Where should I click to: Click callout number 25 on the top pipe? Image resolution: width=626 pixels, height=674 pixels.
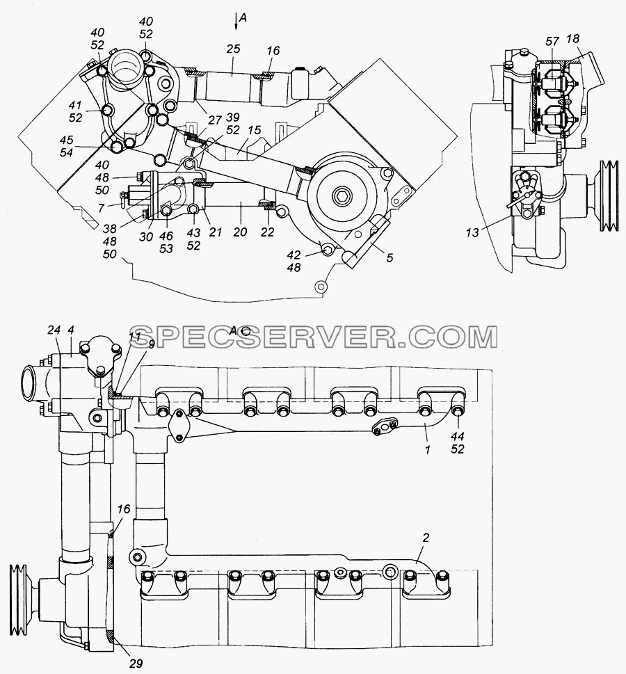[x=233, y=48]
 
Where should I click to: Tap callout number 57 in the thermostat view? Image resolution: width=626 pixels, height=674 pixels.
[x=552, y=41]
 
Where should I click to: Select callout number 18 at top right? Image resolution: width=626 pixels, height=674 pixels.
[x=572, y=39]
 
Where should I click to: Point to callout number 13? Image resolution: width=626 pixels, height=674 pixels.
[x=472, y=232]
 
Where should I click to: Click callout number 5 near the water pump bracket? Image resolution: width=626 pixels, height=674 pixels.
[x=390, y=257]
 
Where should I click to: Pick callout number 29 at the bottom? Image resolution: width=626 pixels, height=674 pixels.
[x=136, y=664]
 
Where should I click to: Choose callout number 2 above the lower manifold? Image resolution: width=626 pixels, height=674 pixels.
[x=426, y=538]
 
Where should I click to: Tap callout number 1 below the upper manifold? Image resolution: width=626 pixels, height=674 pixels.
[x=427, y=449]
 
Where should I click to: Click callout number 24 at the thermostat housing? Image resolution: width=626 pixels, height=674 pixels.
[x=54, y=330]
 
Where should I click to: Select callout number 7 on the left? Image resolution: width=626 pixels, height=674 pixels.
[x=101, y=208]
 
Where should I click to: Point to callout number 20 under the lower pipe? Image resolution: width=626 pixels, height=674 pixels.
[x=240, y=232]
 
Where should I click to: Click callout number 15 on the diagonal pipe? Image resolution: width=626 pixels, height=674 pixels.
[x=255, y=130]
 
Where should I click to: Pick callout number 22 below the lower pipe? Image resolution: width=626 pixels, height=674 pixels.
[x=267, y=232]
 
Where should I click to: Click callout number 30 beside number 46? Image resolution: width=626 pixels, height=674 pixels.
[x=146, y=236]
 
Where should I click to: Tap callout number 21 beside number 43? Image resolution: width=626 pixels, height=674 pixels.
[x=215, y=232]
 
